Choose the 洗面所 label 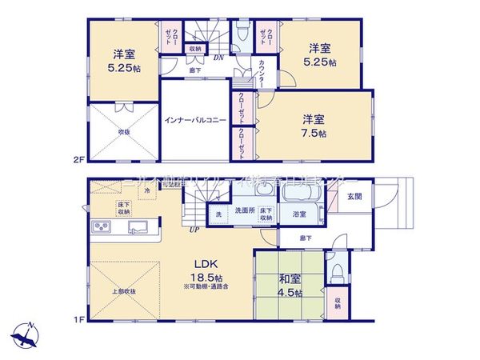(245, 211)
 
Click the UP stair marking (194, 231)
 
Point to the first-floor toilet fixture (337, 273)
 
